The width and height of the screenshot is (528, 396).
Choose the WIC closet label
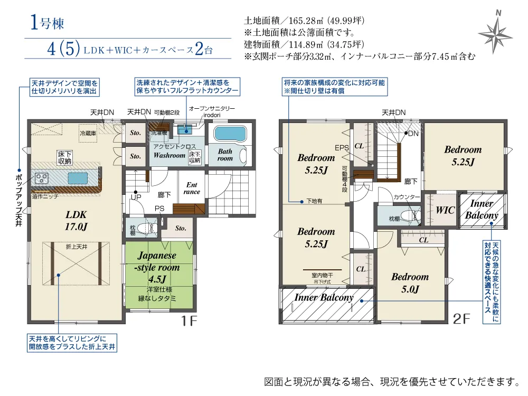coord(445,210)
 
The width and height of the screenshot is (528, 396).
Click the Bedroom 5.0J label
coord(410,283)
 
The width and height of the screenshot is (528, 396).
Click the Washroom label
coord(169,156)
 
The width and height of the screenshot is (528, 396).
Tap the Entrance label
coord(192,188)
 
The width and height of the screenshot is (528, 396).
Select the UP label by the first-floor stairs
coord(135,197)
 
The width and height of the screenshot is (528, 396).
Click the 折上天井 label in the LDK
coord(76,247)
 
